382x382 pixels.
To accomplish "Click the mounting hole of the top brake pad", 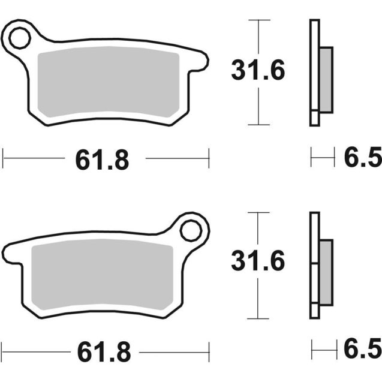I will pyautogui.click(x=19, y=38).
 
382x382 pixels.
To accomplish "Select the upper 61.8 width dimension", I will pyautogui.click(x=102, y=160).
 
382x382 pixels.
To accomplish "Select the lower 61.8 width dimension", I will pyautogui.click(x=102, y=352).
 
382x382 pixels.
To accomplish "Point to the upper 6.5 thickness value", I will pyautogui.click(x=362, y=159).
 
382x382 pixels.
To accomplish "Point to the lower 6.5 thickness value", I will pyautogui.click(x=362, y=349).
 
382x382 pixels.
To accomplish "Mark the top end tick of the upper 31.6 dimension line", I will pyautogui.click(x=258, y=20).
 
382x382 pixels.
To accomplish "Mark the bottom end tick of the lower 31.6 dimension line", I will pyautogui.click(x=258, y=318).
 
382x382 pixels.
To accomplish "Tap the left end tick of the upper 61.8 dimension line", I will pyautogui.click(x=4, y=160).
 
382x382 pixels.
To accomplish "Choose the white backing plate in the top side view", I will pyautogui.click(x=314, y=72).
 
